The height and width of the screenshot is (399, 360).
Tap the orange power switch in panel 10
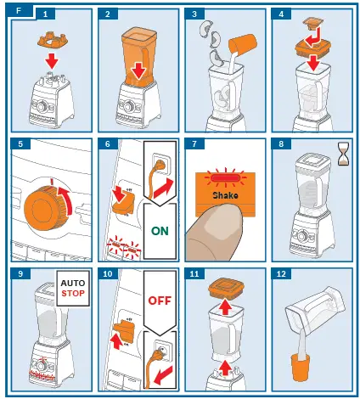pos(125,332)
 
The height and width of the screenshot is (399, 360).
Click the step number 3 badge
pos(197,14)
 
